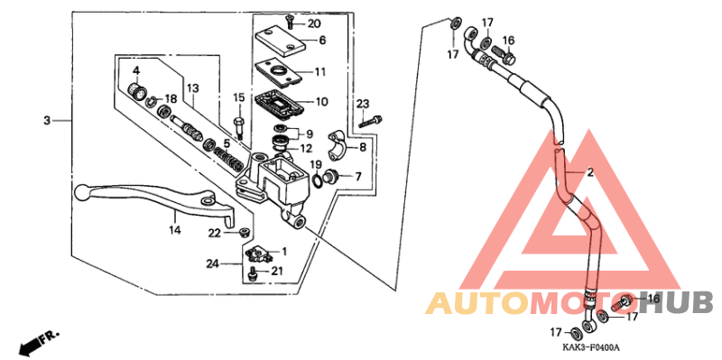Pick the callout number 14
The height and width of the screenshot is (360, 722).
tap(174, 231)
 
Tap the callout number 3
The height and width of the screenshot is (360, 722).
tap(46, 120)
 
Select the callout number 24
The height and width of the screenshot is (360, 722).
tap(212, 264)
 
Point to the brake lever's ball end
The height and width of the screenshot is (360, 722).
tap(81, 192)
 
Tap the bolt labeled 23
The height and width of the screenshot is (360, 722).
tap(371, 121)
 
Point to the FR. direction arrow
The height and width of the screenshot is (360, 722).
tap(36, 341)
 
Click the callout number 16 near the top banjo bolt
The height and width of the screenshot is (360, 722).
tap(508, 41)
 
